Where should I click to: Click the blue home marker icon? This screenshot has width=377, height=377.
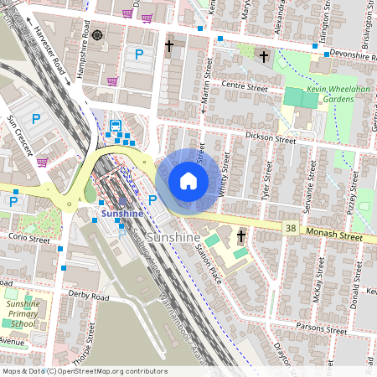[x=188, y=181]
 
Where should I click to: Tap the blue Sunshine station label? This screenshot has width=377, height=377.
[x=122, y=214]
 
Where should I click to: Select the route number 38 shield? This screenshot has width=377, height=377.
[x=290, y=227]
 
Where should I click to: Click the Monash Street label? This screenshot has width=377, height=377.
[x=333, y=237]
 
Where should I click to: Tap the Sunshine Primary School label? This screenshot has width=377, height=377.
[x=23, y=313]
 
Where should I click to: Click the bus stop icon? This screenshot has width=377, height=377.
[x=115, y=127]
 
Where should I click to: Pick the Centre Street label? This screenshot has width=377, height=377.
[x=245, y=86]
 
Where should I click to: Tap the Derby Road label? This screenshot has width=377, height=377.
[x=89, y=297]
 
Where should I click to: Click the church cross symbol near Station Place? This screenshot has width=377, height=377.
[x=240, y=236]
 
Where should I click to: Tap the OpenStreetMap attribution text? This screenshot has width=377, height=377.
[x=84, y=371]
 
